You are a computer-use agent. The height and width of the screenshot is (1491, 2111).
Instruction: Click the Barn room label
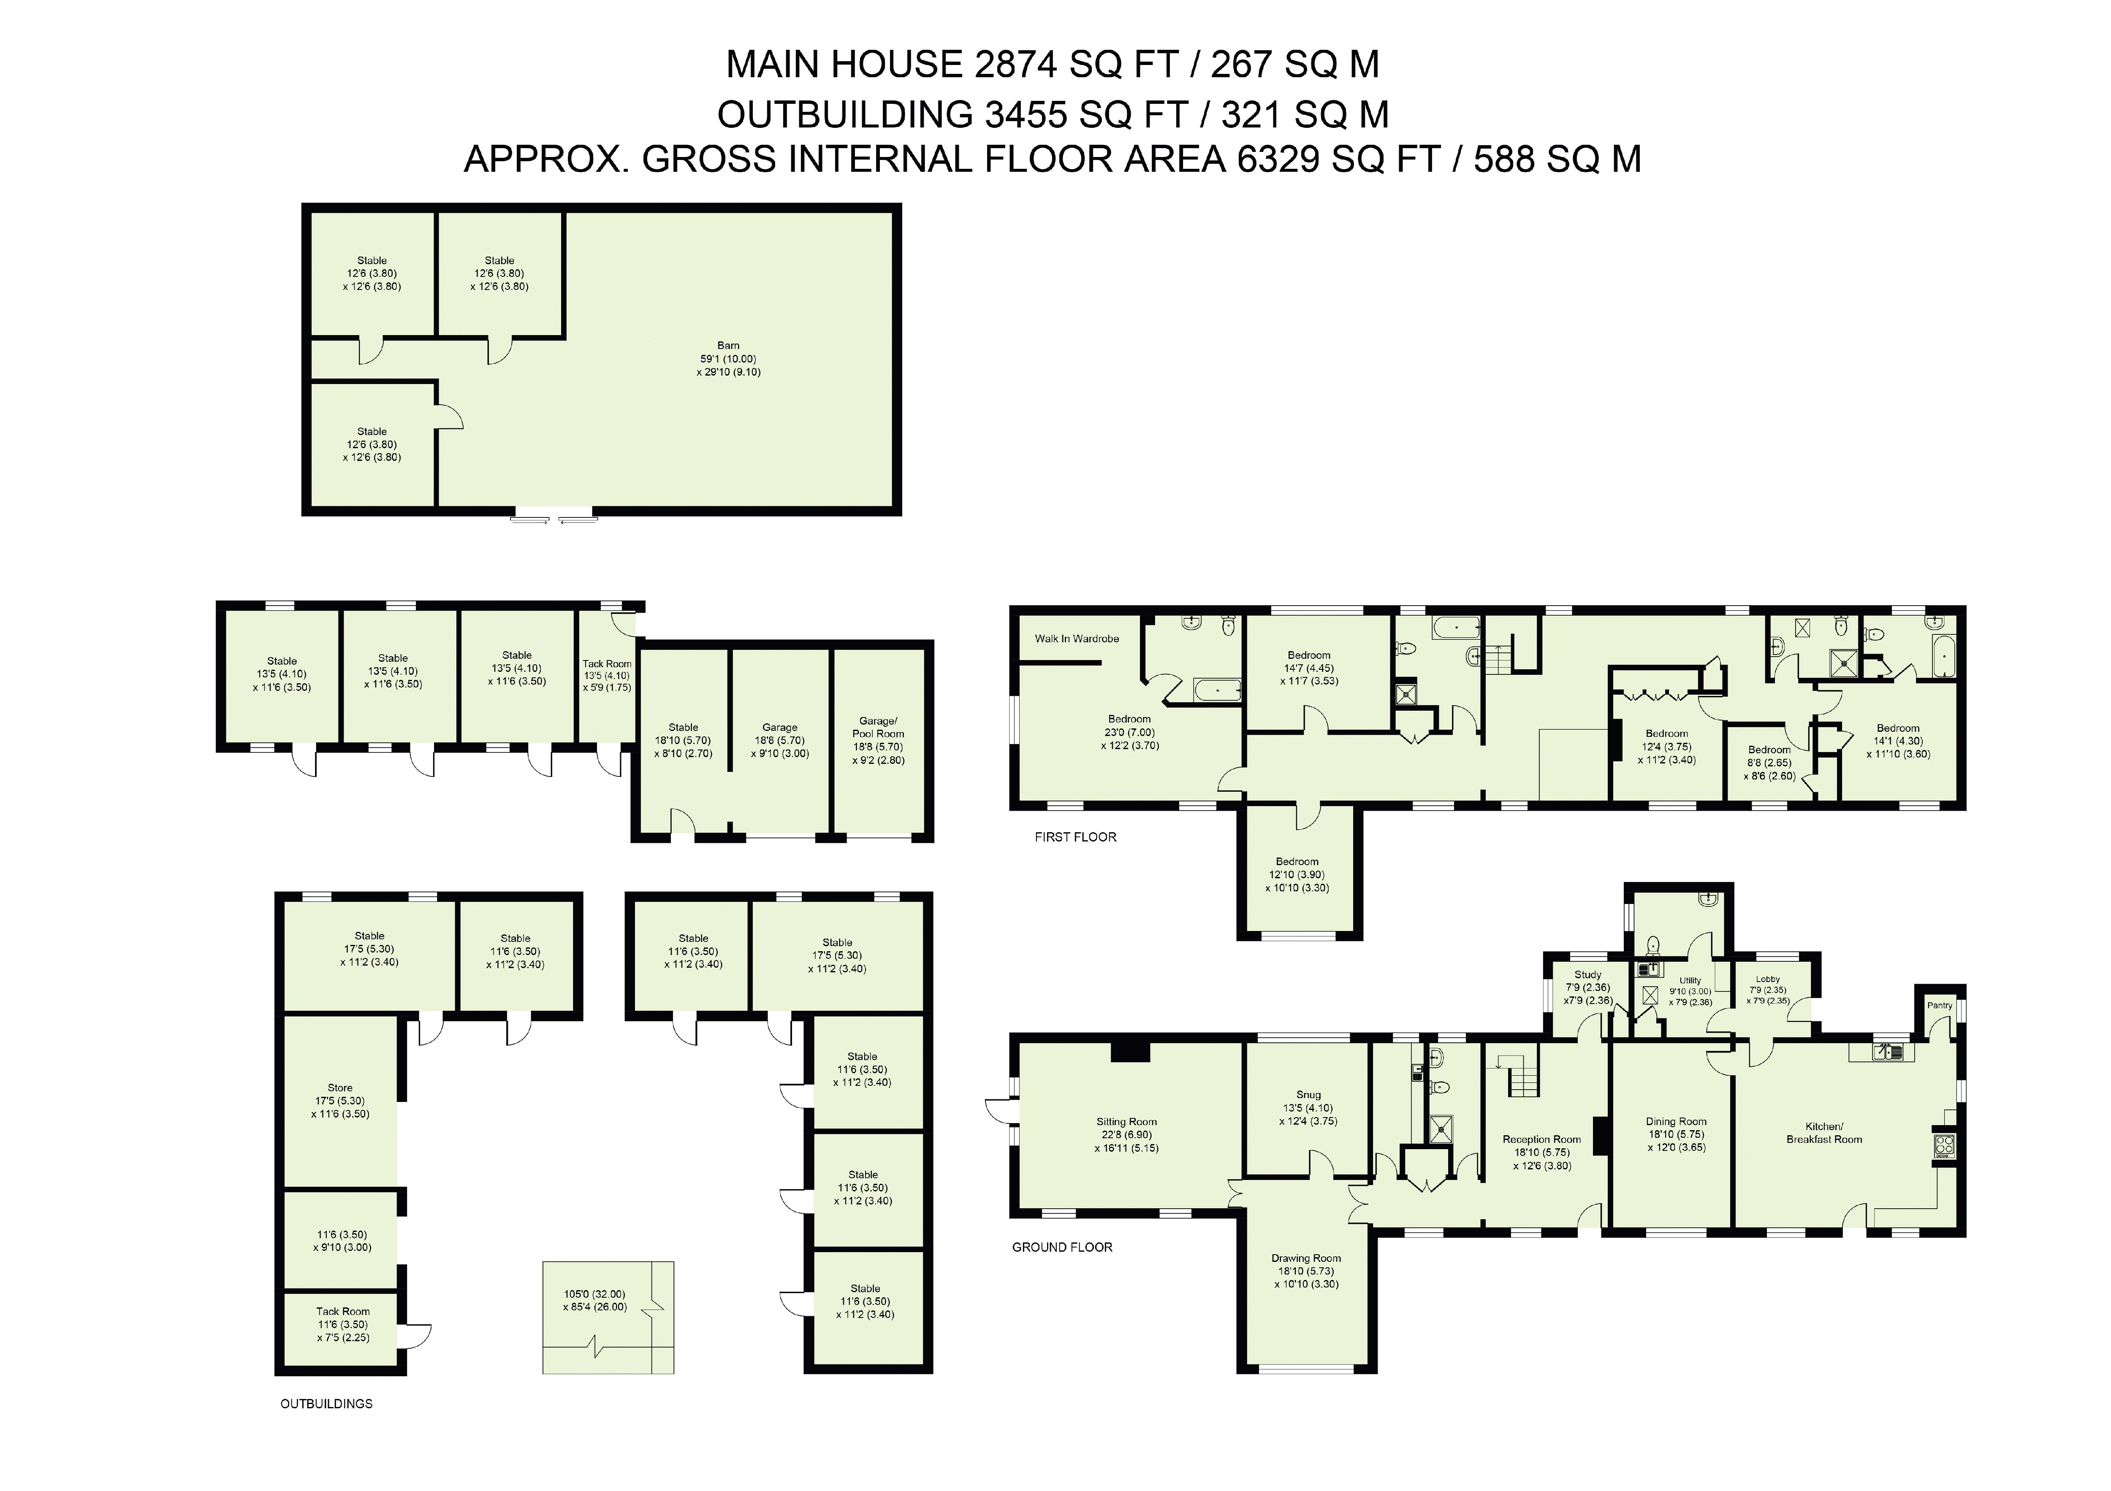[x=728, y=346]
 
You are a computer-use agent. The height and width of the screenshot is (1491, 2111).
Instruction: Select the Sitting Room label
[x=1126, y=1121]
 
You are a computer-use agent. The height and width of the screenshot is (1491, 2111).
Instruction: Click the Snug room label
[x=1308, y=1095]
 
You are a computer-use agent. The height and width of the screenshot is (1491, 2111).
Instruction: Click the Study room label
[x=1588, y=975]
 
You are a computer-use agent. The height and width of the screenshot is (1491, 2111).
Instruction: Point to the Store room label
[x=340, y=1088]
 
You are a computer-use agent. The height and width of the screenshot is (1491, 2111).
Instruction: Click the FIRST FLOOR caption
[x=1075, y=837]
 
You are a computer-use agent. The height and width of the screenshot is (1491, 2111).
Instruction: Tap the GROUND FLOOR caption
[x=1062, y=1247]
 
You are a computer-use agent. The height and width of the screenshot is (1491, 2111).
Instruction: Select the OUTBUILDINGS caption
[x=326, y=1404]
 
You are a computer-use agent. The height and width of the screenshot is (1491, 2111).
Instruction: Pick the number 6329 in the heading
[x=1279, y=160]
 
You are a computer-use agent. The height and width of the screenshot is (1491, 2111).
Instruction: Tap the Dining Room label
[x=1676, y=1121]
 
